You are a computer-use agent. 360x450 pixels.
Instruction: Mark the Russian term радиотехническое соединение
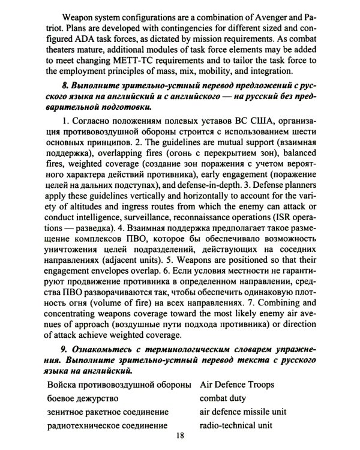coord(105,425)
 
